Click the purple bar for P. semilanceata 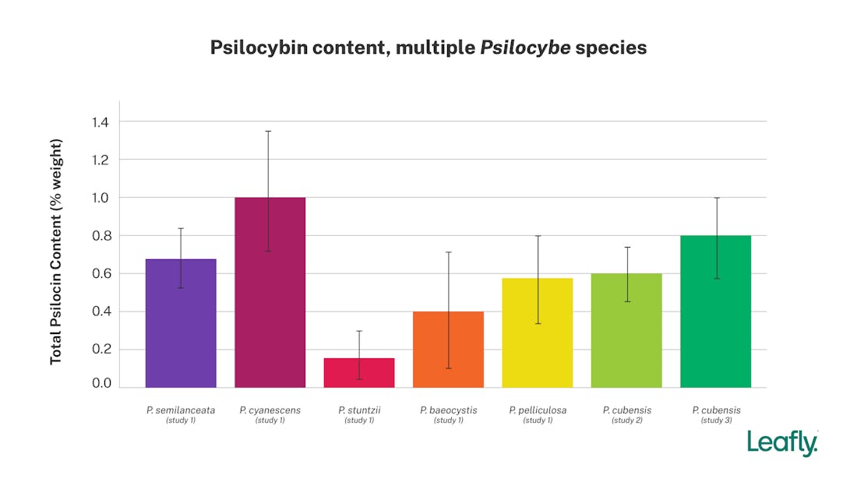181,323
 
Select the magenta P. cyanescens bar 270,292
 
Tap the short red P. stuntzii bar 359,373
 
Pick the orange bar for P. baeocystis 448,350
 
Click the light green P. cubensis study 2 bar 626,330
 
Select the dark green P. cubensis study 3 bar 715,311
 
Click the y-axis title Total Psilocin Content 56,251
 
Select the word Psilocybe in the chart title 526,47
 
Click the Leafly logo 782,442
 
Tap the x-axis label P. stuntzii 359,410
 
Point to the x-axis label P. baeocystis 448,410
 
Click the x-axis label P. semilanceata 181,410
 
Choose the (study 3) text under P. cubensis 715,420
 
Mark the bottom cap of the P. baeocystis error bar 448,368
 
